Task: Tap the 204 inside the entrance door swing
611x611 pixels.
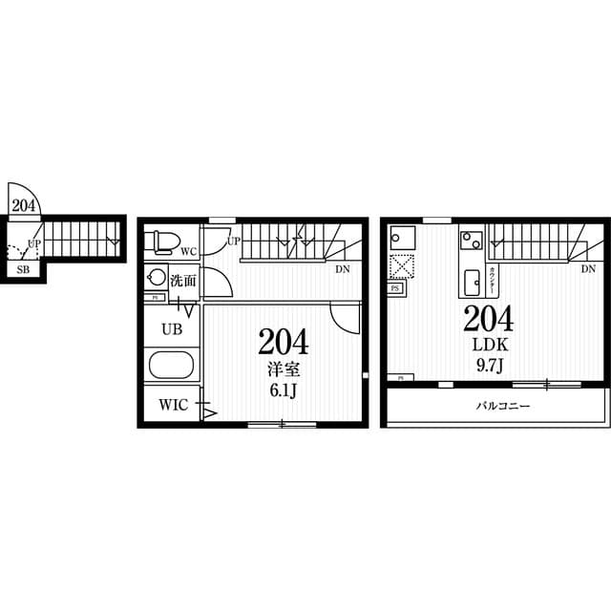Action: pyautogui.click(x=23, y=204)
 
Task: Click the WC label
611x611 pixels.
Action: pyautogui.click(x=188, y=252)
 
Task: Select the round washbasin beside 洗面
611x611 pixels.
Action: pyautogui.click(x=155, y=279)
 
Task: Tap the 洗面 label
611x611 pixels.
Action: pyautogui.click(x=183, y=281)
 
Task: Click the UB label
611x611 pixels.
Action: pyautogui.click(x=171, y=329)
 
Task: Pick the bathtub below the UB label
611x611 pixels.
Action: pyautogui.click(x=172, y=366)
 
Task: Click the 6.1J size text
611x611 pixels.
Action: pyautogui.click(x=282, y=390)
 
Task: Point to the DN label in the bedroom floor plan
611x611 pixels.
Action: pyautogui.click(x=341, y=269)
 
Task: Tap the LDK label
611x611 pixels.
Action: pyautogui.click(x=488, y=345)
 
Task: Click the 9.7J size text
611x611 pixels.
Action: pyautogui.click(x=488, y=365)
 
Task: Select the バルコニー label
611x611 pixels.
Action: pyautogui.click(x=503, y=405)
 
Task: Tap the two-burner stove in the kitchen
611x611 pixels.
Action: pyautogui.click(x=472, y=239)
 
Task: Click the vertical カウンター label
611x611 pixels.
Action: pyautogui.click(x=492, y=280)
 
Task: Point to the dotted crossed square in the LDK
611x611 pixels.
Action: pyautogui.click(x=401, y=265)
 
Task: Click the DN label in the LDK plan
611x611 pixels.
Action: pyautogui.click(x=588, y=270)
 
